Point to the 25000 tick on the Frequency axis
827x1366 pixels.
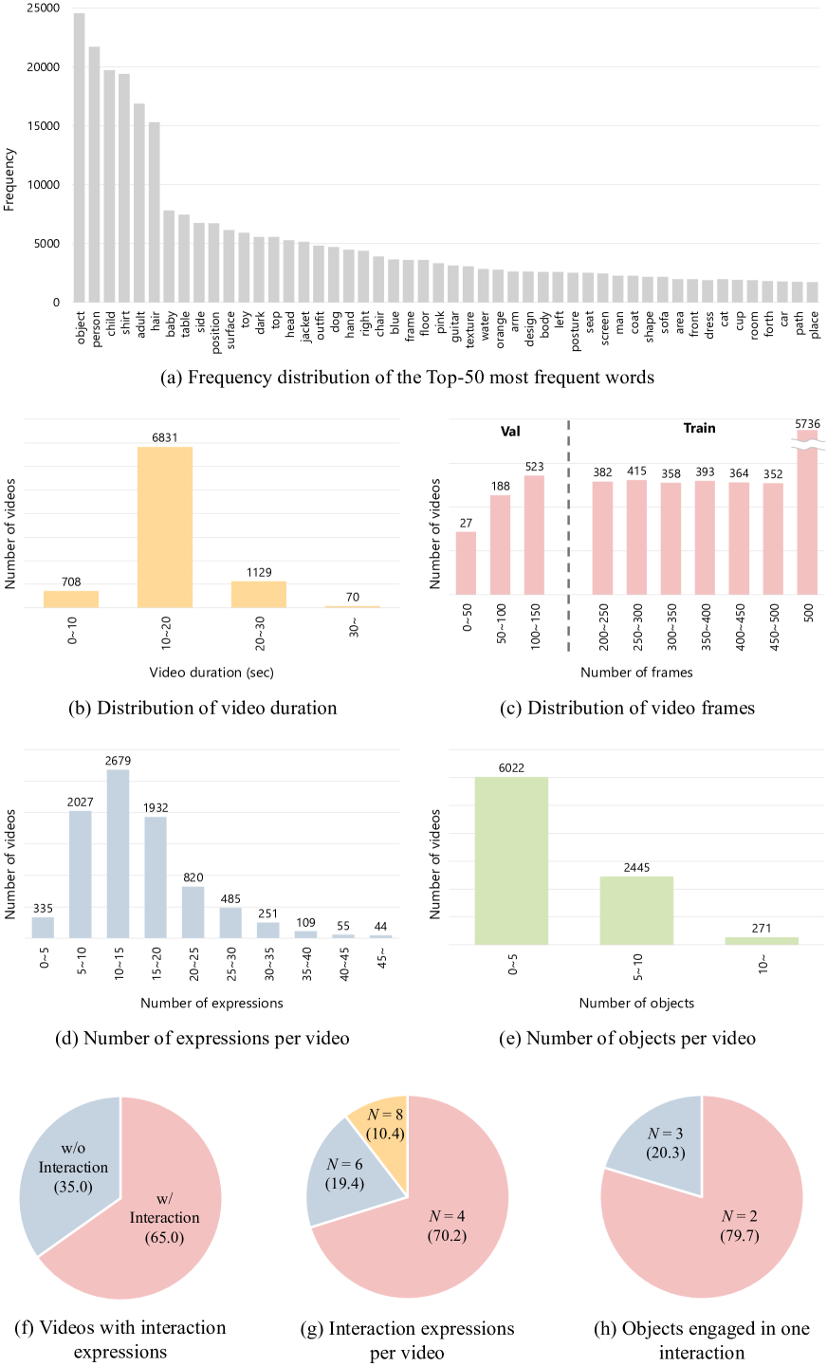click(x=44, y=9)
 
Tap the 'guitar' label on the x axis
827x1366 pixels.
click(x=454, y=326)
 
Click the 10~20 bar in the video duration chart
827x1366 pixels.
click(x=165, y=526)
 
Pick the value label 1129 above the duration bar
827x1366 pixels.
click(x=259, y=573)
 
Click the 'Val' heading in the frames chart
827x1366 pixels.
click(x=511, y=431)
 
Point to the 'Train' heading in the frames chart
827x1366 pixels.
click(x=699, y=428)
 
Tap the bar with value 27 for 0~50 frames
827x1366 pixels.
click(x=467, y=563)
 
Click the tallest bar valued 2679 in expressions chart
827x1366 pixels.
click(x=119, y=854)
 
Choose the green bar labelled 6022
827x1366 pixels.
click(x=512, y=860)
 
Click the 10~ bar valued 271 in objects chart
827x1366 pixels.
click(x=762, y=940)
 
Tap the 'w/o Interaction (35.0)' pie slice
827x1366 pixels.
click(x=71, y=1167)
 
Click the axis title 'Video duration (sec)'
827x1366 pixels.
click(x=211, y=673)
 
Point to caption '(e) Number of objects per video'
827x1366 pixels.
click(x=628, y=1038)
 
